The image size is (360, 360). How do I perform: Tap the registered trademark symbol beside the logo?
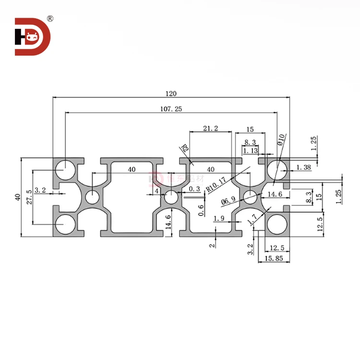50,19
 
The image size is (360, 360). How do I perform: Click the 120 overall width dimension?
171,94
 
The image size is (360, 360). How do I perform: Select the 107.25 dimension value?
171,109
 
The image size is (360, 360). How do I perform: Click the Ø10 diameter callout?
282,143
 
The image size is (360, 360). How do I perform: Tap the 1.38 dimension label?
304,167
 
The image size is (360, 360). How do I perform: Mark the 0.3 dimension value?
194,189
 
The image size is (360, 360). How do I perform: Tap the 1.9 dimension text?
219,219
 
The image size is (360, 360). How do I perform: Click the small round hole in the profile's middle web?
171,197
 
